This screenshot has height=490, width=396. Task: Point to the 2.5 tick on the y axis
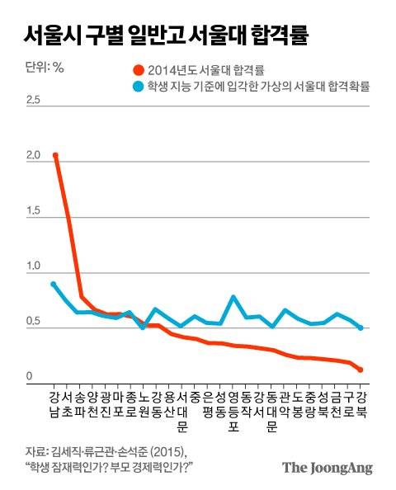pyautogui.click(x=34, y=100)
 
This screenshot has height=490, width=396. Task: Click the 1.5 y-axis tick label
pyautogui.click(x=34, y=211)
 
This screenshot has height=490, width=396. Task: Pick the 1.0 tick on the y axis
pyautogui.click(x=34, y=266)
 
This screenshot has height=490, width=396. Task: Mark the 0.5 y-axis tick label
pyautogui.click(x=34, y=322)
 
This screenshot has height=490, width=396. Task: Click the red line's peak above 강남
pyautogui.click(x=55, y=155)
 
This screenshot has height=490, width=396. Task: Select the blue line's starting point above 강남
pyautogui.click(x=54, y=284)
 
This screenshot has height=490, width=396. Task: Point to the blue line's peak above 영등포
pyautogui.click(x=233, y=297)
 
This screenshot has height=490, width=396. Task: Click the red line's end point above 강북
pyautogui.click(x=361, y=370)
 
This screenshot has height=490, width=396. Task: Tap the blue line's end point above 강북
pyautogui.click(x=361, y=327)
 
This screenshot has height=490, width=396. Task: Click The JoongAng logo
pyautogui.click(x=327, y=467)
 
